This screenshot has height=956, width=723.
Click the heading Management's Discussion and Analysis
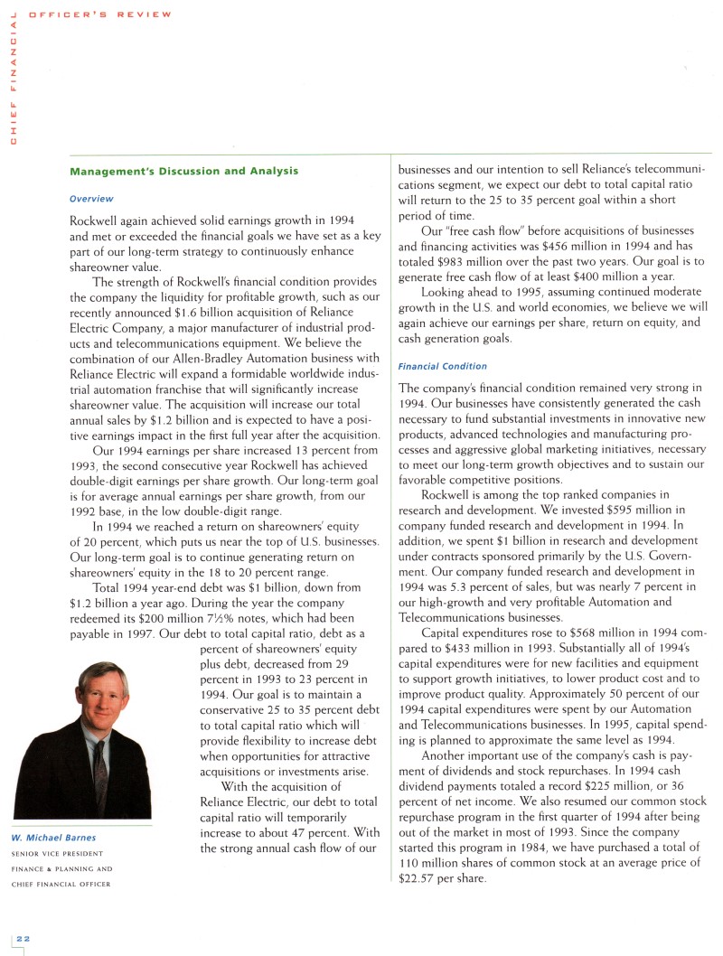183,171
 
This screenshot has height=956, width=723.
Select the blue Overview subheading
91,198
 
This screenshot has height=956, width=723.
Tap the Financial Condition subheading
442,366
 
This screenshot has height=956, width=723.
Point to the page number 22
19,940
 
